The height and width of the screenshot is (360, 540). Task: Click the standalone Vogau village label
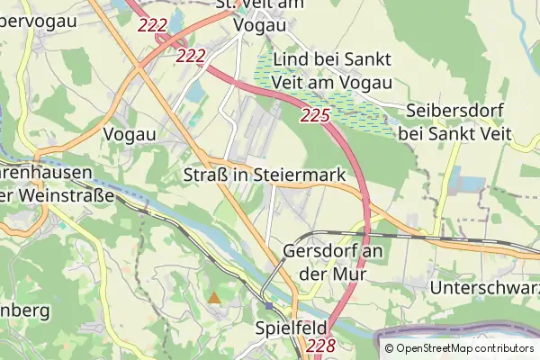pos(130,133)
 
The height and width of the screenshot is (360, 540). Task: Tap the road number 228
pos(320,346)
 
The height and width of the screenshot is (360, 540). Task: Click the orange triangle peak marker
pos(214,296)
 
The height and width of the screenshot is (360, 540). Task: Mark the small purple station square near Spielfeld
pos(268,306)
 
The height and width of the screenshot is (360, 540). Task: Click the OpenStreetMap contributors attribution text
pos(464,348)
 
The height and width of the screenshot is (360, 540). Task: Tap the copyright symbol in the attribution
pos(389,348)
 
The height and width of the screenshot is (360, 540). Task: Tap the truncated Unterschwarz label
pos(484,288)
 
